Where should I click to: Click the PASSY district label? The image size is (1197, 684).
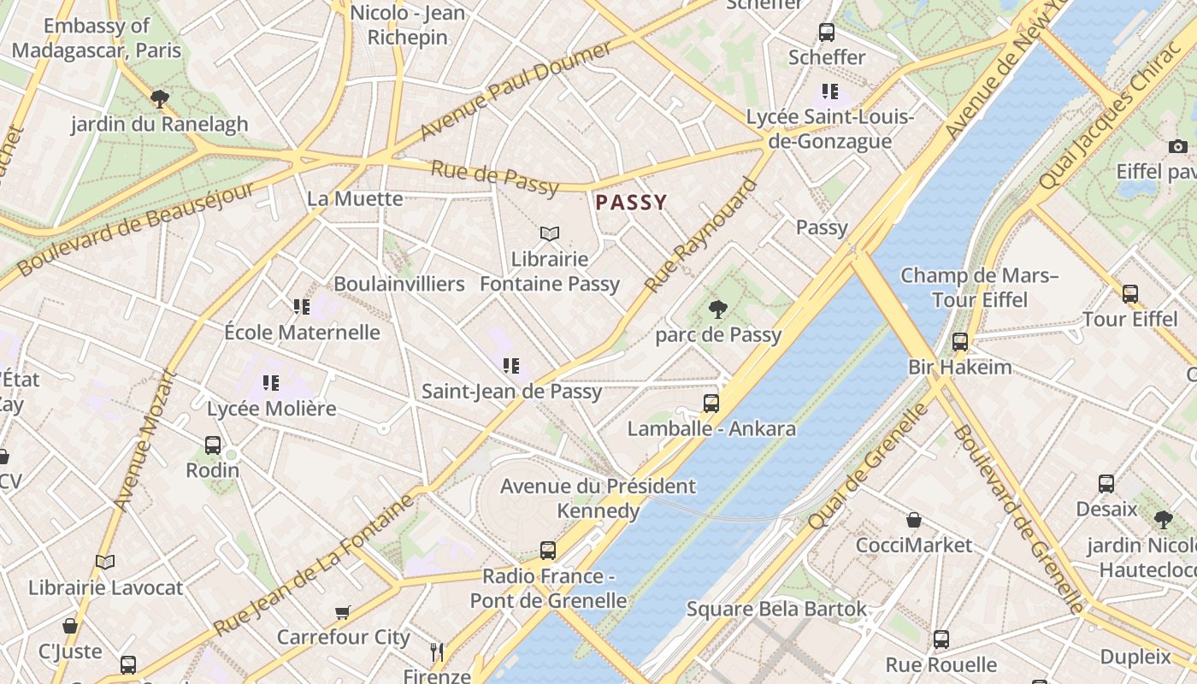(631, 203)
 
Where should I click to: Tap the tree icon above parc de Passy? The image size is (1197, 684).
(718, 309)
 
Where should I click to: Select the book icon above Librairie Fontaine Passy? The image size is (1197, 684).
(550, 233)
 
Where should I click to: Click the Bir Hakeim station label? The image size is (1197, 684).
(959, 368)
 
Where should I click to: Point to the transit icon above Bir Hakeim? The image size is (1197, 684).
(960, 342)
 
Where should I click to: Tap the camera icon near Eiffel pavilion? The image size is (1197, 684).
(1177, 146)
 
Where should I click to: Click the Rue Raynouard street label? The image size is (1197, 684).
(702, 235)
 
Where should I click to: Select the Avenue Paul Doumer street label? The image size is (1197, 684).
(516, 91)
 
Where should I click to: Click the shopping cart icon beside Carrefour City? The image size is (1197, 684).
(343, 612)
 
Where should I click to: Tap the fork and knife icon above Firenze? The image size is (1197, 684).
(437, 652)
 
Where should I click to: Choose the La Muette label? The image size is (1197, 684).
(355, 199)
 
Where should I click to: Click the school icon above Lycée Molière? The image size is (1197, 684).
(271, 383)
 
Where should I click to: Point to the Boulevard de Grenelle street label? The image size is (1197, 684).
(1017, 518)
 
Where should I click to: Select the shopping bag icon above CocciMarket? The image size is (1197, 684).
(914, 520)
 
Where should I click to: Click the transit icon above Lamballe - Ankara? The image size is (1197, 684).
(711, 403)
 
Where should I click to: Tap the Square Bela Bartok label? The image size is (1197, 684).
(776, 610)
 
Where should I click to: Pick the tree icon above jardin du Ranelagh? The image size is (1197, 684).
(159, 99)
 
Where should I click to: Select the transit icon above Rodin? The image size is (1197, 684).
(213, 445)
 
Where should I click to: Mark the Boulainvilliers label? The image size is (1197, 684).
(399, 284)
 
